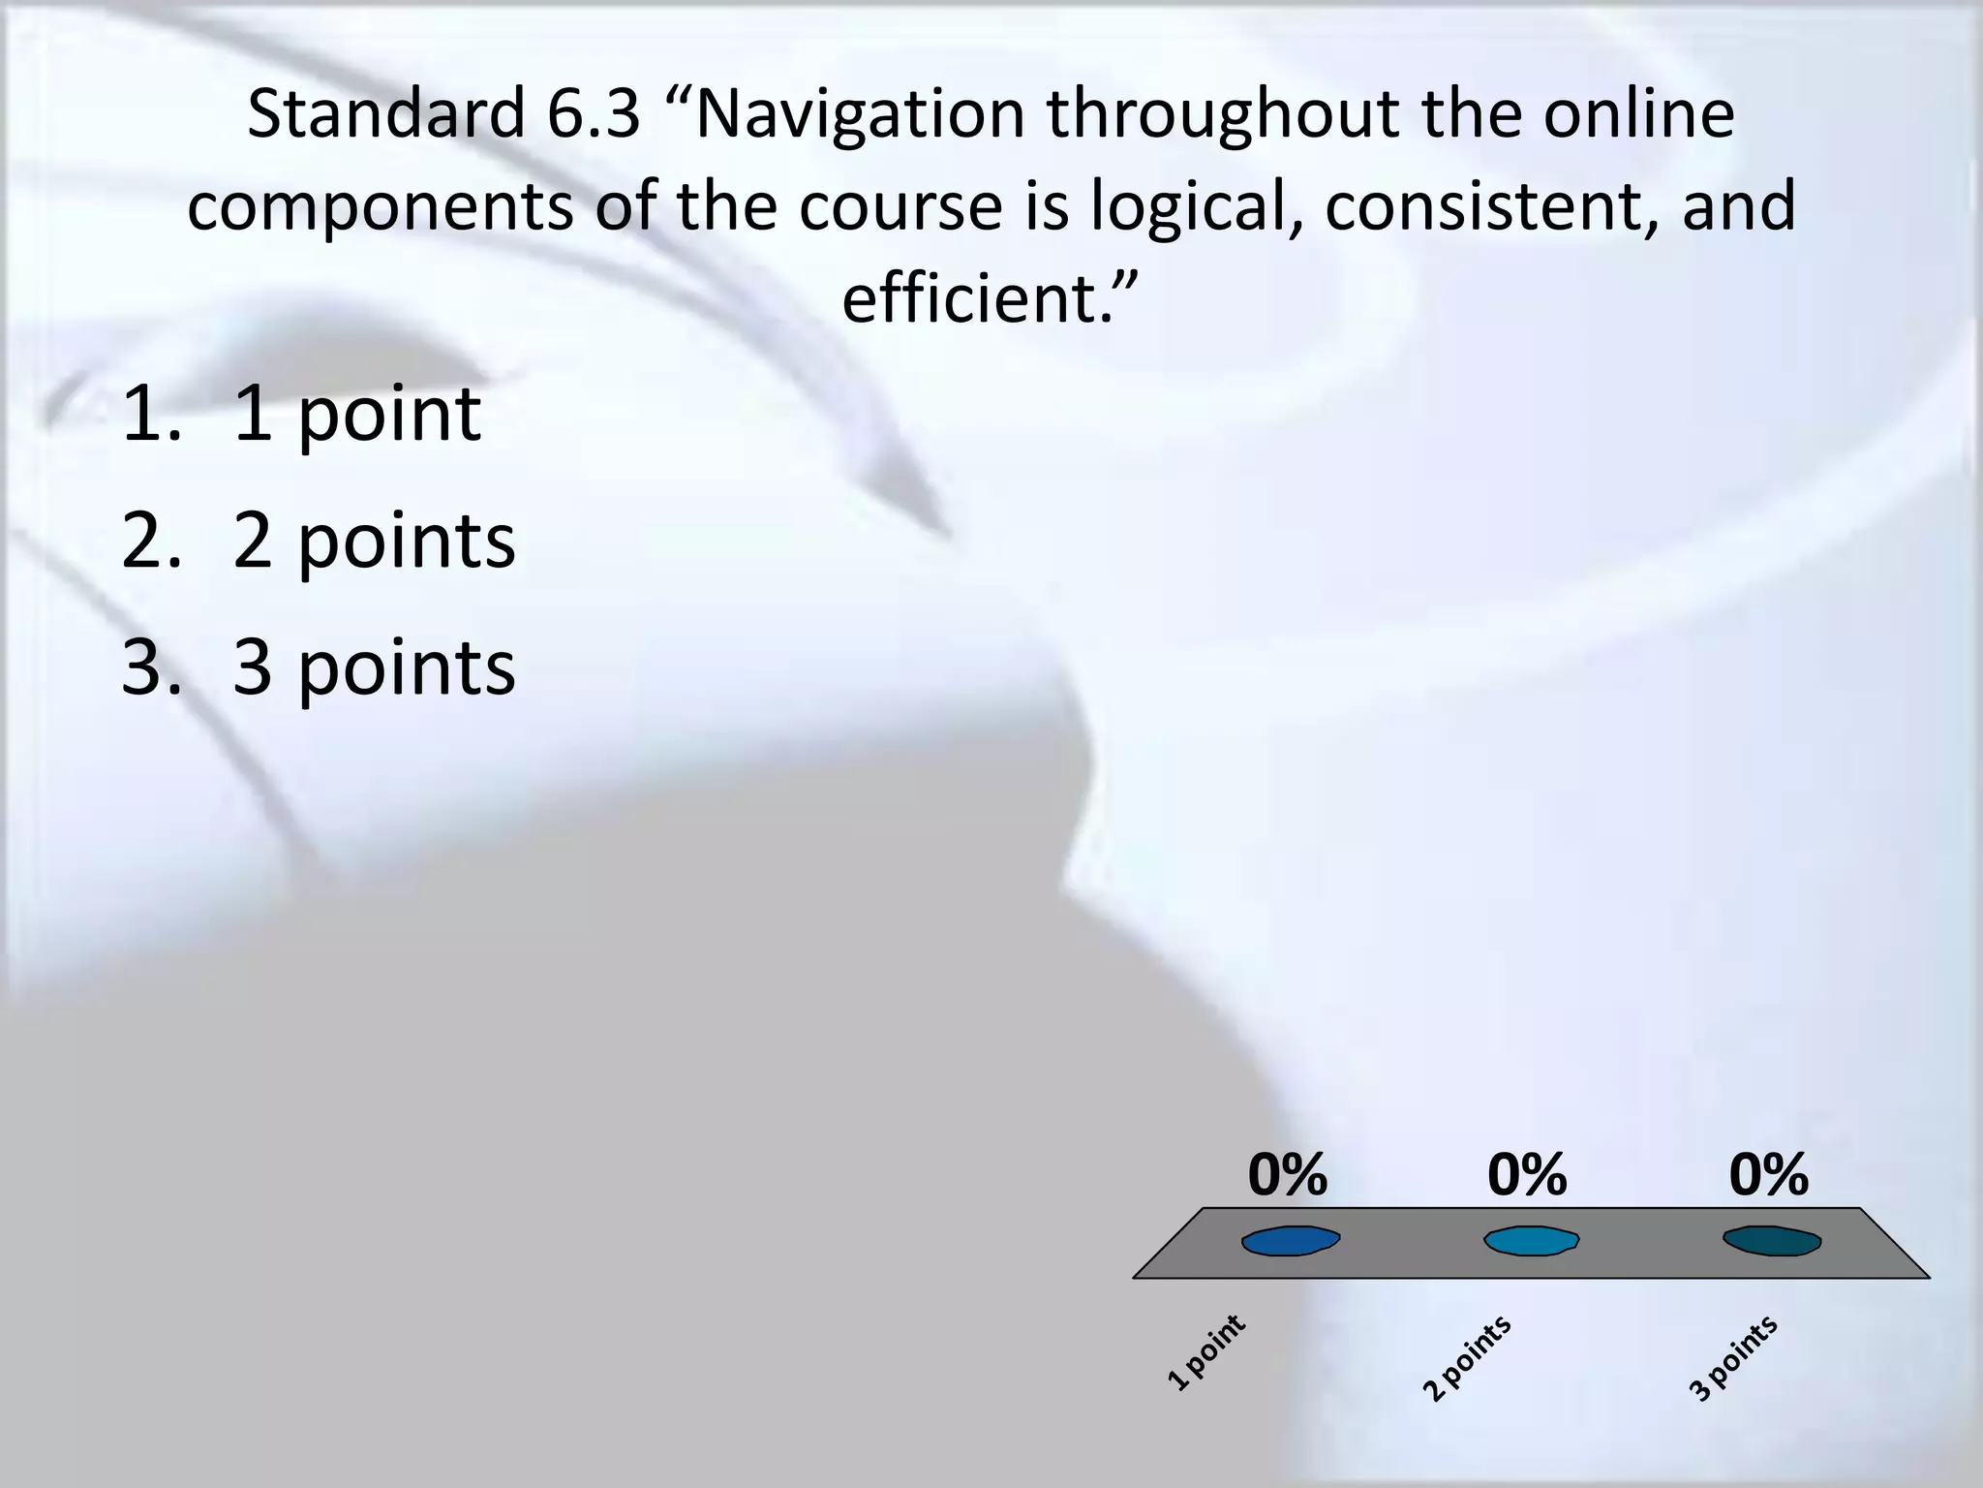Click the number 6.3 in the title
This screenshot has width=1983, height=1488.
click(594, 114)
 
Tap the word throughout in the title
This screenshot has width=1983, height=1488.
click(1223, 114)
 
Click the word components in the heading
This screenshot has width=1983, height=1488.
click(381, 206)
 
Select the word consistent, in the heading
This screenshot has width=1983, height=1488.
click(1492, 206)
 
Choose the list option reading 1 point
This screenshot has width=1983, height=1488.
click(356, 414)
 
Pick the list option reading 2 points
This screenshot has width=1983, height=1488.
click(374, 541)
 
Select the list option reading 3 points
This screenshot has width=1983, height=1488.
click(374, 667)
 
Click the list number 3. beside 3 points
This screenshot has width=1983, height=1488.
click(151, 667)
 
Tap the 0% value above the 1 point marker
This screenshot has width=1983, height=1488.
click(1287, 1175)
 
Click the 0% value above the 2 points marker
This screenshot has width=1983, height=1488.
click(1527, 1175)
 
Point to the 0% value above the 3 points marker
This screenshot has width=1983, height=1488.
click(1768, 1175)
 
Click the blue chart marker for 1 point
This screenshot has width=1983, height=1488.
click(1291, 1241)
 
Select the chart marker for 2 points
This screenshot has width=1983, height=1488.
click(1531, 1241)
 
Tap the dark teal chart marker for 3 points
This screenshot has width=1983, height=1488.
click(1771, 1241)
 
